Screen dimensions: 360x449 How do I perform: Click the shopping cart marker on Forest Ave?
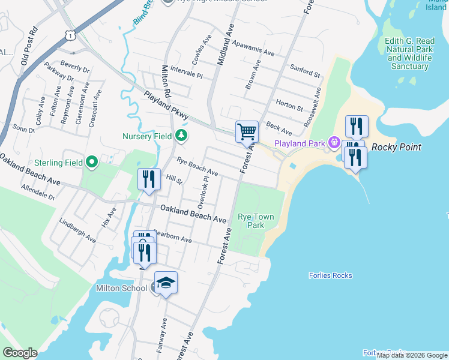pyautogui.click(x=247, y=132)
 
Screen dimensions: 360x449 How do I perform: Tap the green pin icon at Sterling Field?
pyautogui.click(x=91, y=161)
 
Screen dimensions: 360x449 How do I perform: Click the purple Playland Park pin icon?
pyautogui.click(x=334, y=143)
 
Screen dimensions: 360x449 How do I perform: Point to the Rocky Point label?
pyautogui.click(x=396, y=147)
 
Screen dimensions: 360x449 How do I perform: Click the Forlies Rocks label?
pyautogui.click(x=330, y=276)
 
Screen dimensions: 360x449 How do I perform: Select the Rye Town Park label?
pyautogui.click(x=256, y=221)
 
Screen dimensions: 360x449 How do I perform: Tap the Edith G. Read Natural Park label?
pyautogui.click(x=410, y=53)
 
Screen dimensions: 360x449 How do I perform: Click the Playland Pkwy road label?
pyautogui.click(x=166, y=104)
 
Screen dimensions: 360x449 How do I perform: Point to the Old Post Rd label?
pyautogui.click(x=29, y=46)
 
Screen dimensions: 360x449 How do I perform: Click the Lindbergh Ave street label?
pyautogui.click(x=77, y=230)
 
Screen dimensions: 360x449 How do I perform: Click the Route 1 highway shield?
pyautogui.click(x=71, y=36)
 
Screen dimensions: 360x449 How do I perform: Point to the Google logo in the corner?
pyautogui.click(x=20, y=353)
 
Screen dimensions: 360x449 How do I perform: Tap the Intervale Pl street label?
pyautogui.click(x=187, y=73)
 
